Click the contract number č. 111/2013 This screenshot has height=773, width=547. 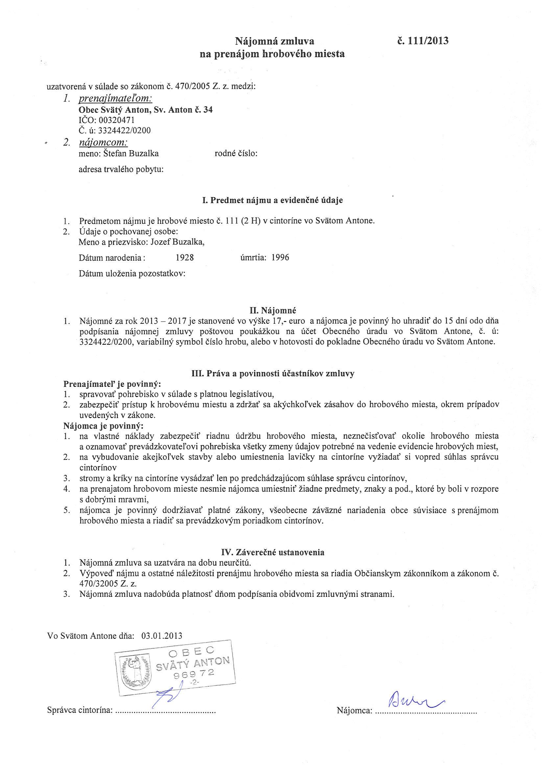pos(423,41)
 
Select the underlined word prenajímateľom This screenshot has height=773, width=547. pos(115,98)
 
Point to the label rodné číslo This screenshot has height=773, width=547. pos(236,153)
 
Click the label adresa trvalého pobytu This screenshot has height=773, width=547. pos(121,169)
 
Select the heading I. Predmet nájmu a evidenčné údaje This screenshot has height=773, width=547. pos(273,200)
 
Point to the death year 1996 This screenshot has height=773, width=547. pos(280,258)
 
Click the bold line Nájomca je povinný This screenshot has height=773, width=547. pos(104,426)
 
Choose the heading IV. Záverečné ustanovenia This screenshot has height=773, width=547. pos(273,552)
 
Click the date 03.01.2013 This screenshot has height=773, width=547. pos(162,636)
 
